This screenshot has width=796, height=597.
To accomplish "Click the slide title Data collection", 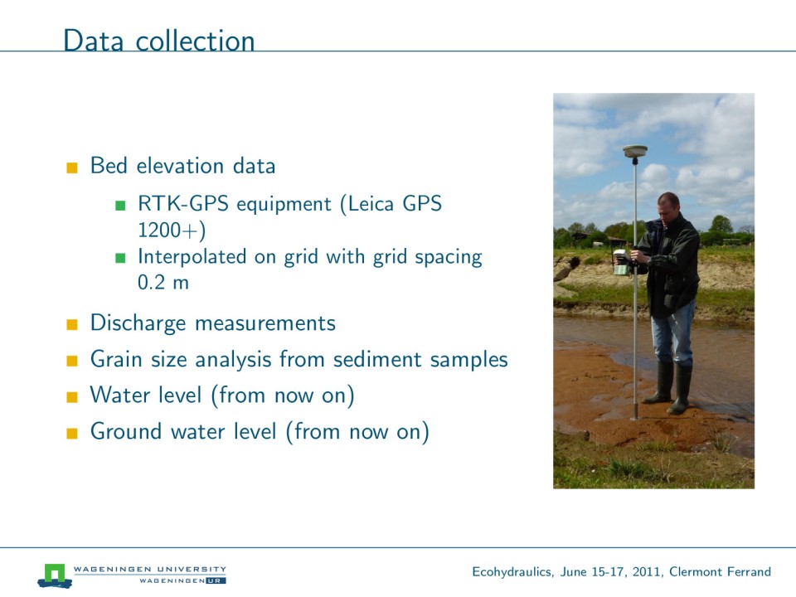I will point(159,41).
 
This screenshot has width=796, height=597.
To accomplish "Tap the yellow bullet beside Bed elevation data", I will point(72,167).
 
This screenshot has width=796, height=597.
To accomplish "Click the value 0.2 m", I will point(163,283).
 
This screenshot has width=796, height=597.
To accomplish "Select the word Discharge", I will point(138,323).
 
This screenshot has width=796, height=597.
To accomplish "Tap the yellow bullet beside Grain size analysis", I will point(72,362).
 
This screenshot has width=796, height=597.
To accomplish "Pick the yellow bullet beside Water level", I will point(72,397).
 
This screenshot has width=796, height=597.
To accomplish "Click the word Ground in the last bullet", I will point(124,432).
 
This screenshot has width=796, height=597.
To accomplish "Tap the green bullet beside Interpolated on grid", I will point(120,258).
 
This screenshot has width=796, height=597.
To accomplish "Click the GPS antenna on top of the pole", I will point(635,151).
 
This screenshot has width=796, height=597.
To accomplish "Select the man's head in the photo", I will point(667,205).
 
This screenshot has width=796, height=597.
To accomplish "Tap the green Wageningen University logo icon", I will point(55,574).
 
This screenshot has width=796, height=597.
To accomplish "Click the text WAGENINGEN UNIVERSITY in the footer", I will point(150,569).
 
